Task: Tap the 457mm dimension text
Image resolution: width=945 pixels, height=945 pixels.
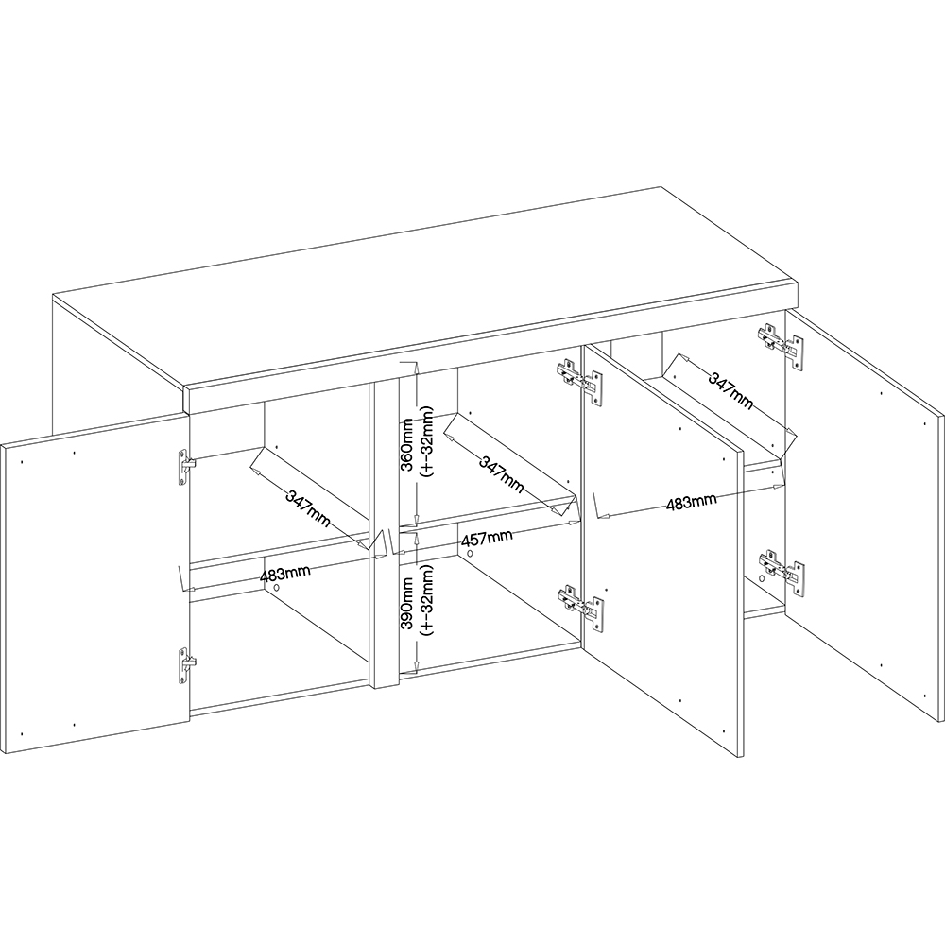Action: tap(487, 539)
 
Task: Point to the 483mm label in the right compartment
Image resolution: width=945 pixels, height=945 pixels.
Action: tap(690, 502)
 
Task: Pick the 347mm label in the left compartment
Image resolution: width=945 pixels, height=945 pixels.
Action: tap(309, 502)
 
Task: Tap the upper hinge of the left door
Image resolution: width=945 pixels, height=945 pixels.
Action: tap(183, 466)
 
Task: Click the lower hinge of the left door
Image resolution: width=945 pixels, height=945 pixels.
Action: tap(183, 665)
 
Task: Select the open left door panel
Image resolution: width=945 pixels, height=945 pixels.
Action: tap(94, 586)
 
